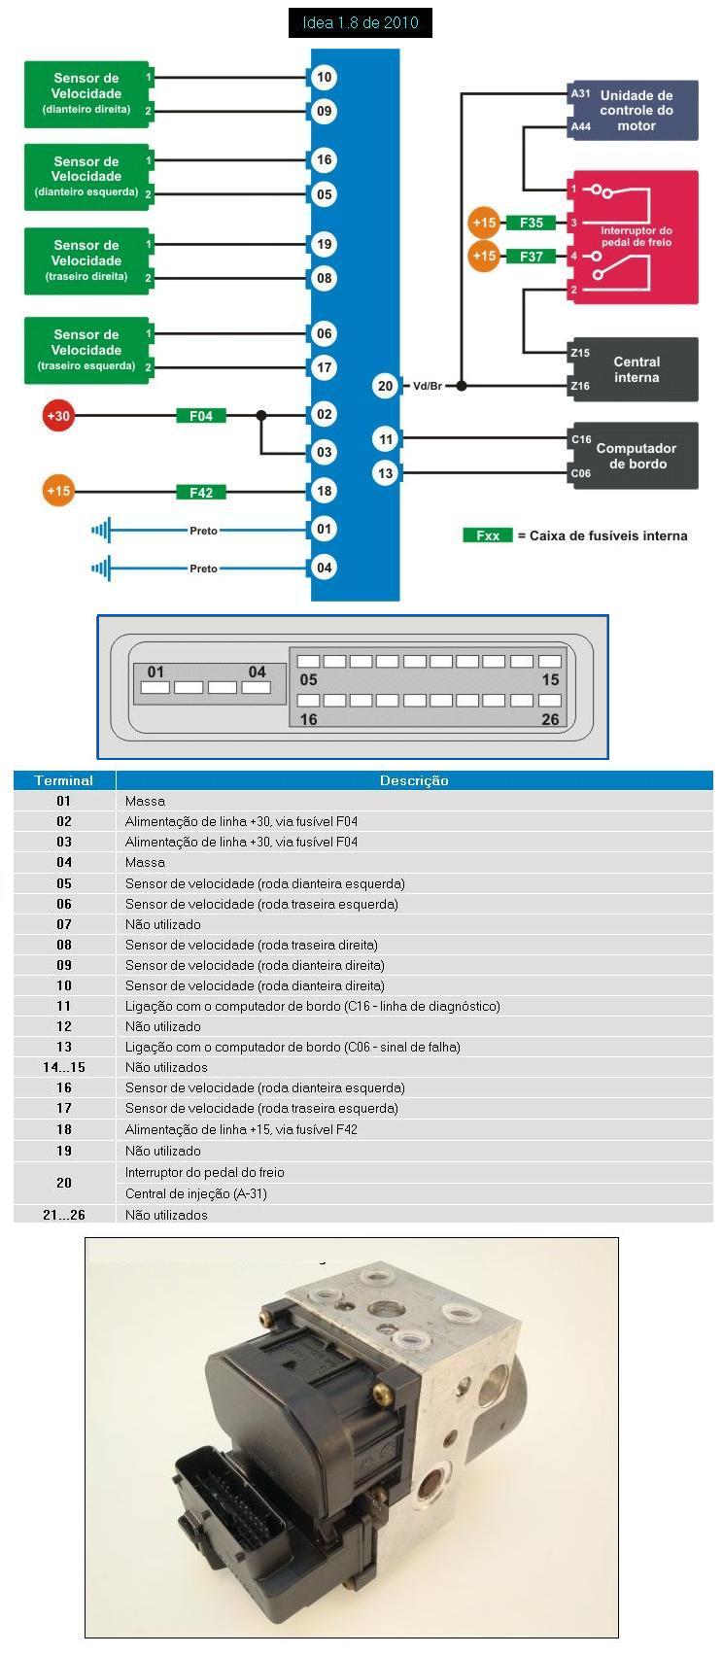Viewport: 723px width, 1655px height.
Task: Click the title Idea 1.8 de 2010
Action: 361,23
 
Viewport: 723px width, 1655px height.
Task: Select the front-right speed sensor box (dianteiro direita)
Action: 87,94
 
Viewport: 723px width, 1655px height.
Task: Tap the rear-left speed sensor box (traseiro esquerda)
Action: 87,350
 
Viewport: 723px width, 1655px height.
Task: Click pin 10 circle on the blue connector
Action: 325,77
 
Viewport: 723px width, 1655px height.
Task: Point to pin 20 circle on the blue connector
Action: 386,386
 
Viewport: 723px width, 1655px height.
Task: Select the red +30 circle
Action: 58,416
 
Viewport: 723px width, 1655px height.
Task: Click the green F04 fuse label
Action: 201,416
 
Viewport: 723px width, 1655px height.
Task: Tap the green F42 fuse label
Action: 201,492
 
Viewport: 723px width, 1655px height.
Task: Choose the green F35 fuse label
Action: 531,223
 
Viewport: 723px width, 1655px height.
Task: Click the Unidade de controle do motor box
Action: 633,110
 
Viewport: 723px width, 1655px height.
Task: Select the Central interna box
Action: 633,369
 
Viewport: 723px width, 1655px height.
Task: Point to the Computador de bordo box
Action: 633,456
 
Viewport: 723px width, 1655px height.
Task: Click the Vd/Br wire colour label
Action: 427,386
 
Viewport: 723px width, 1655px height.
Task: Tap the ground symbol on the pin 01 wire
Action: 101,530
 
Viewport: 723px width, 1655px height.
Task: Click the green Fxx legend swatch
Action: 488,535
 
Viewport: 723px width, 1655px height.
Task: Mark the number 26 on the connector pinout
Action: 550,719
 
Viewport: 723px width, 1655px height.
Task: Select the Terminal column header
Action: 64,780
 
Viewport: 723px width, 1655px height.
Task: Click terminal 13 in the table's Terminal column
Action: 64,1047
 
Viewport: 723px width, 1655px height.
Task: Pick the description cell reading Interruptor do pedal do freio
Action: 205,1172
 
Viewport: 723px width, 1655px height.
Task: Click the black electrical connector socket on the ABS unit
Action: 229,1496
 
